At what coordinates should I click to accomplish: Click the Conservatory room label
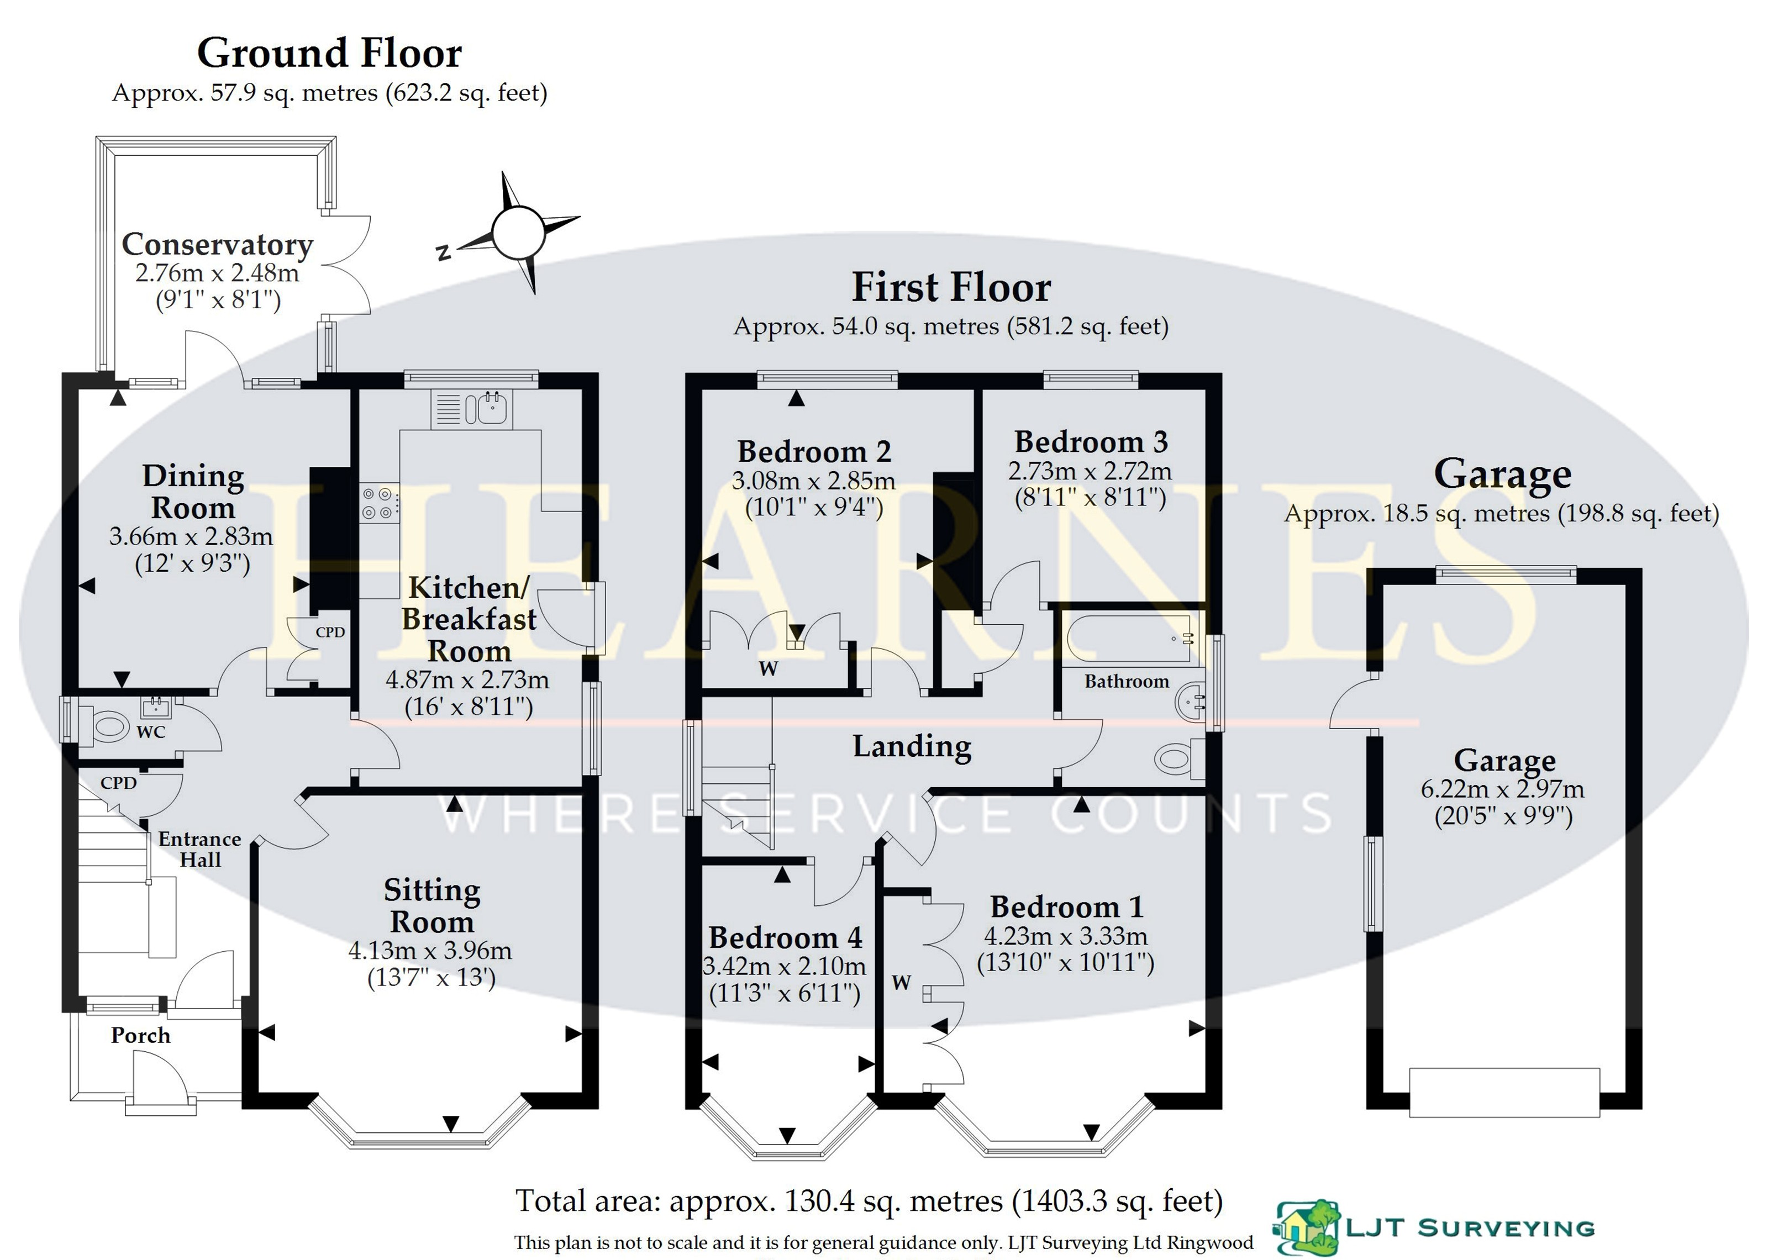217,244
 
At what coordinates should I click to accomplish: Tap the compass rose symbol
518,233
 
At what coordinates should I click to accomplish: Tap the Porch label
140,1035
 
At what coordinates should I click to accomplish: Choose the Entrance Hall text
200,849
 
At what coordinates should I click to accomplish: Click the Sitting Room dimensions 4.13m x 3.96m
430,950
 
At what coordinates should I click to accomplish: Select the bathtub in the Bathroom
1129,639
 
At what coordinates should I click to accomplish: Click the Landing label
912,746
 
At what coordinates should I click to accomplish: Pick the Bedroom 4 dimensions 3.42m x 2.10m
785,966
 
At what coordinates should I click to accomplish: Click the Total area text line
869,1201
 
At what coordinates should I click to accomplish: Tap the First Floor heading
951,287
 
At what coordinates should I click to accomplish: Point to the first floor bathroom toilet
1177,757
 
